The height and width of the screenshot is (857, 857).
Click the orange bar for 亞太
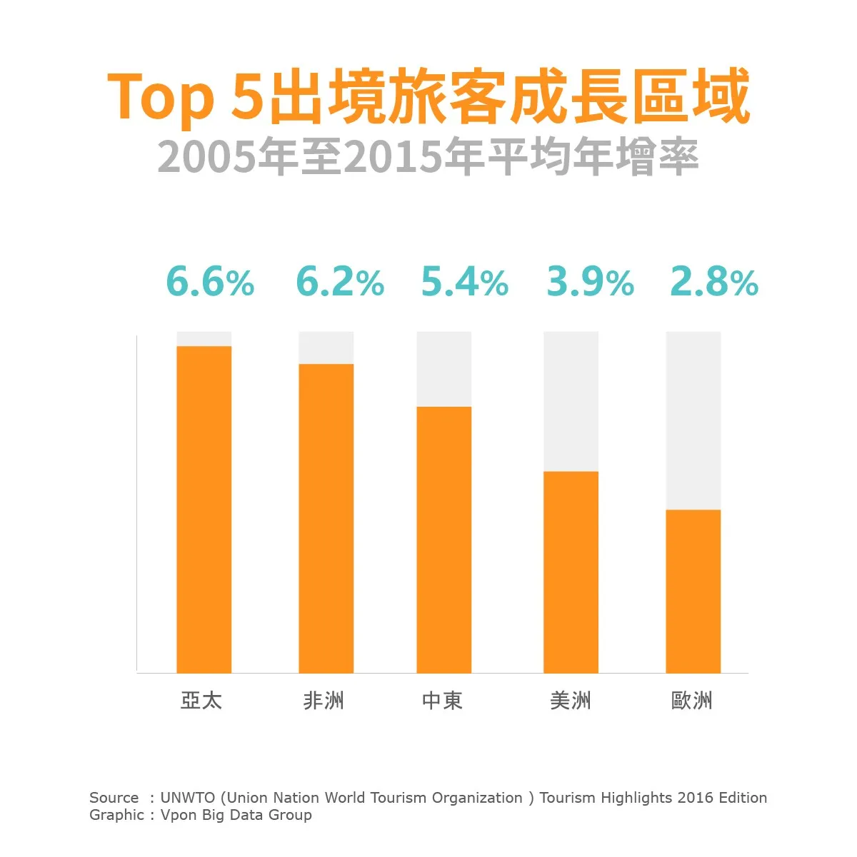(x=204, y=509)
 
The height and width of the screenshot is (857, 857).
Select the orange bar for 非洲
(x=326, y=518)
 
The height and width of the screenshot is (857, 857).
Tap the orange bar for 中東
(x=443, y=539)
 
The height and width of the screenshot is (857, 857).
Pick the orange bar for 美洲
(x=571, y=572)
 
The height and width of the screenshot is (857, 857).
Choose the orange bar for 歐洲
(x=693, y=591)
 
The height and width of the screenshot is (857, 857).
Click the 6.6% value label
(x=210, y=282)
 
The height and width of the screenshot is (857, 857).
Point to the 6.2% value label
(x=340, y=282)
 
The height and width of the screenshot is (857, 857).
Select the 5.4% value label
(x=465, y=282)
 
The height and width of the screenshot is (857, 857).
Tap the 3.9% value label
(x=590, y=282)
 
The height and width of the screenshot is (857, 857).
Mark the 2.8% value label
(x=713, y=282)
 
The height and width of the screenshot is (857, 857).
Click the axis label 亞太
(x=201, y=701)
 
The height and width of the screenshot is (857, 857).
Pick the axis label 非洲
(x=324, y=701)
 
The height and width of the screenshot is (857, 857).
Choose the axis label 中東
(x=442, y=701)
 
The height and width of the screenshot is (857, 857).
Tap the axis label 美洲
(x=571, y=701)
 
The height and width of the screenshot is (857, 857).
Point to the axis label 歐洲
(x=692, y=701)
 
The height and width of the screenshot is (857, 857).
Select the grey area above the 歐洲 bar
(x=693, y=420)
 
